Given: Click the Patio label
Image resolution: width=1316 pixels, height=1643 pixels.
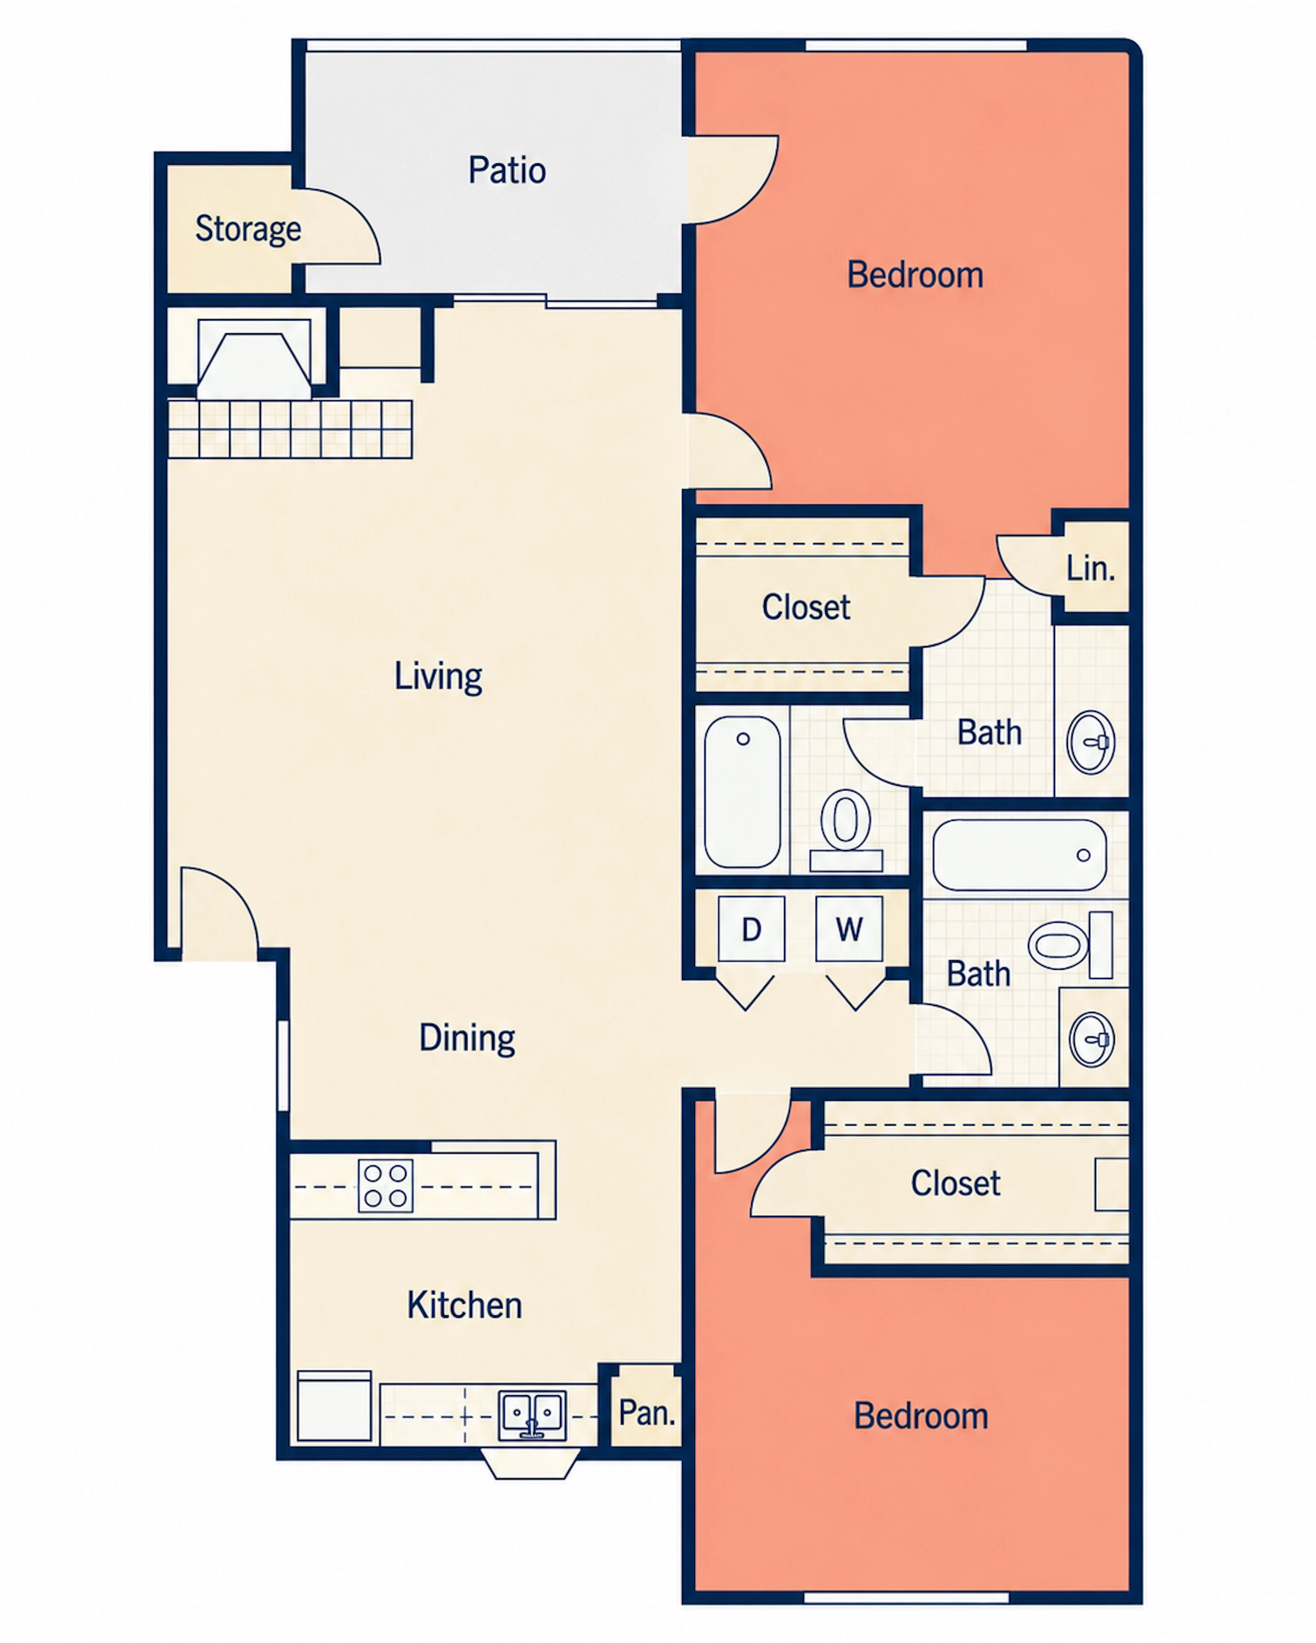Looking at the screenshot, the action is click(507, 170).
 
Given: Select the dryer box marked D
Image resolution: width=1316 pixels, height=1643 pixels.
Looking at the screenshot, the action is click(751, 929).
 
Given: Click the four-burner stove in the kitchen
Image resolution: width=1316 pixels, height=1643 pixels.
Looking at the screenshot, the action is click(386, 1186).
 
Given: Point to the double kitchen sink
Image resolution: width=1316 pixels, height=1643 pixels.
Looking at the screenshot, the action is click(532, 1416).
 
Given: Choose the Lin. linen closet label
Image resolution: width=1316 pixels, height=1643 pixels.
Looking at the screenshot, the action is click(1090, 568).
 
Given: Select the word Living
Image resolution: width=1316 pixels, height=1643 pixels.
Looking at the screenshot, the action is click(438, 677).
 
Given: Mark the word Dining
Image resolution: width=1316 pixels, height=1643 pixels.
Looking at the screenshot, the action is click(467, 1038).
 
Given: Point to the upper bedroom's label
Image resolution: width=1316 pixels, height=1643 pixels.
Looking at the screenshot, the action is click(915, 275).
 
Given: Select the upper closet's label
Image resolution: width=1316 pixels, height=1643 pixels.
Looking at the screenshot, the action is click(806, 607).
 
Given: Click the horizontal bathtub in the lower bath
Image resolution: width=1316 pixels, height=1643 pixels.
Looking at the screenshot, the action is click(1020, 855).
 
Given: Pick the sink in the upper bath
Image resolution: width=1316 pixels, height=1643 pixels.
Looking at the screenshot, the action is click(1091, 742).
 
